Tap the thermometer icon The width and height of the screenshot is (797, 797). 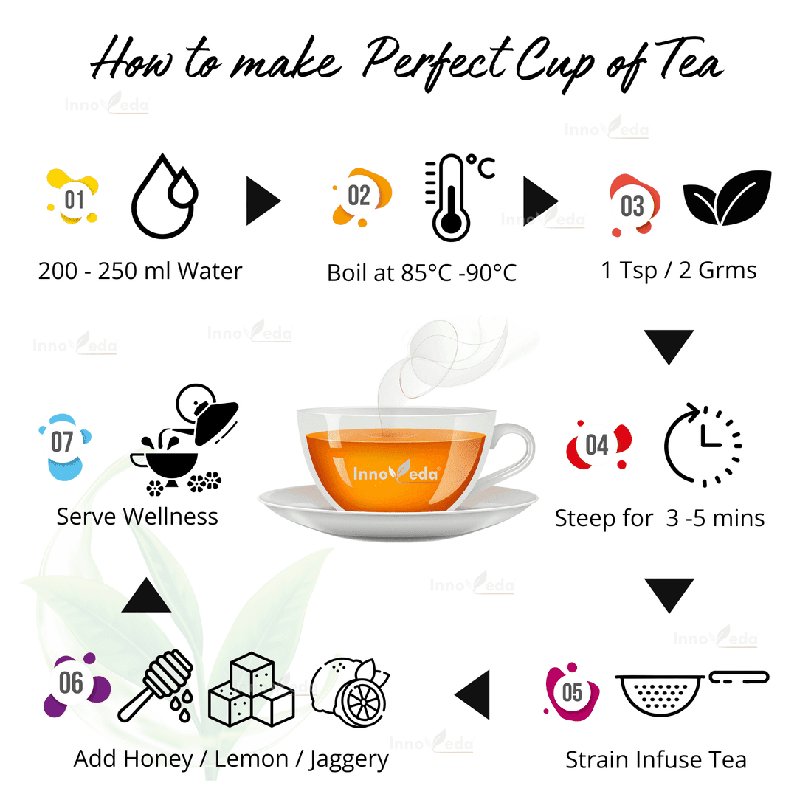click(450, 198)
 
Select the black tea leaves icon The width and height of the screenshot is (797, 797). click(726, 198)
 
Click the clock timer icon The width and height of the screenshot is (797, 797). click(703, 445)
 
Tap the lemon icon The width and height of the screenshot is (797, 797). click(350, 688)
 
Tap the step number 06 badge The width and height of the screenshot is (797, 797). click(72, 683)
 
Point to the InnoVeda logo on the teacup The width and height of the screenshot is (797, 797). click(396, 473)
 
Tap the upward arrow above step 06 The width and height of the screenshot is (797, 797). click(146, 596)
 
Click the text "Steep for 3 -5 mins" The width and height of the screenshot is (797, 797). click(659, 518)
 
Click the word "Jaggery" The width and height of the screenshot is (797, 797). click(346, 759)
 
